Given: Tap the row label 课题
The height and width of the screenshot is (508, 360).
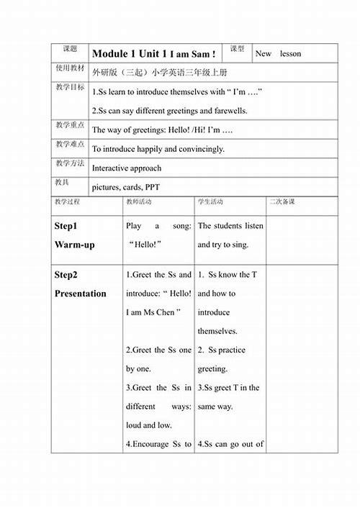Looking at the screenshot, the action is click(70, 49).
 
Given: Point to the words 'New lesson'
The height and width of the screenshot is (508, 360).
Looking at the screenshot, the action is click(279, 53).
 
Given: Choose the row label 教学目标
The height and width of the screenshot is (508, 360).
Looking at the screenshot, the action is click(70, 87).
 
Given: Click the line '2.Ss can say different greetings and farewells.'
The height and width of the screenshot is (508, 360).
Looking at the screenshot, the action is click(170, 111).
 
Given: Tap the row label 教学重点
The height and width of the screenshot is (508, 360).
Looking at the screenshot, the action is click(70, 125).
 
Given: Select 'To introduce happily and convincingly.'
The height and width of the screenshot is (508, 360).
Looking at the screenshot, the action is click(158, 149).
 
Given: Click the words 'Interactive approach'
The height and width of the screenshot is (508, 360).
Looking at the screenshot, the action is click(127, 168).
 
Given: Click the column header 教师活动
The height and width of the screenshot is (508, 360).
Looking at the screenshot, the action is click(138, 202).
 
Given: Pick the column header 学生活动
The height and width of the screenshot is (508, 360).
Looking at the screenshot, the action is click(210, 202).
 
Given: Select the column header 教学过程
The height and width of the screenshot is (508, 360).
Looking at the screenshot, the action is click(67, 202).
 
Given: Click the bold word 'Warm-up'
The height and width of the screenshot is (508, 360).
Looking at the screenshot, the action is click(74, 245).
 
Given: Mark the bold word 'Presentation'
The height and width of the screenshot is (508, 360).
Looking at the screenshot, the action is click(80, 294).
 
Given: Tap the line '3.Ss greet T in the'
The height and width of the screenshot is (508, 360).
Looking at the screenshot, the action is click(228, 388).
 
